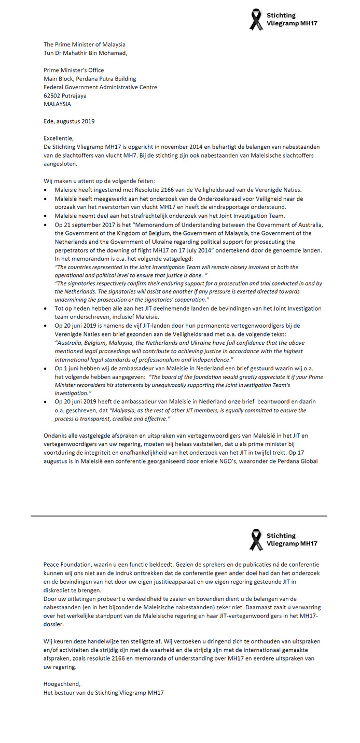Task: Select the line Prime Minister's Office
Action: [x=74, y=70]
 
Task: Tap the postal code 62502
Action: [x=52, y=95]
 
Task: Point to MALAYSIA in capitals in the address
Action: [x=57, y=104]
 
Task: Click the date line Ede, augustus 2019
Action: [x=69, y=121]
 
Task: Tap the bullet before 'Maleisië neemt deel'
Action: [x=46, y=216]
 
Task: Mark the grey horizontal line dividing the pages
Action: [x=179, y=516]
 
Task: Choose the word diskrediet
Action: [x=60, y=590]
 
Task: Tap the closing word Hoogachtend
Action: [x=62, y=683]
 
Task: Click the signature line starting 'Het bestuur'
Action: [x=103, y=692]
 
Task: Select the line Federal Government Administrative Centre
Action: [x=100, y=87]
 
